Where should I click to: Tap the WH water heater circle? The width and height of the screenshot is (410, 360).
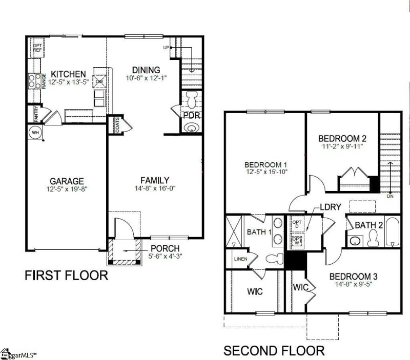(35, 132)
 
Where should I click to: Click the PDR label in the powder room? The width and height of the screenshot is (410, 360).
(191, 109)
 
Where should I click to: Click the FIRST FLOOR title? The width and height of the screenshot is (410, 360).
(67, 276)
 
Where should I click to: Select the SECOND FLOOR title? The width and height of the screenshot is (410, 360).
(274, 351)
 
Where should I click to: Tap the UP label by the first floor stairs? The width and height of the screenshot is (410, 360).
(166, 48)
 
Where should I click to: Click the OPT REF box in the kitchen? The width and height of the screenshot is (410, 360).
(37, 48)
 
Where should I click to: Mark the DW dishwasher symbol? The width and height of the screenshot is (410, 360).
(100, 81)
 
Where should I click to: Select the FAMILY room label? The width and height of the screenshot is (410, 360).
(155, 180)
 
